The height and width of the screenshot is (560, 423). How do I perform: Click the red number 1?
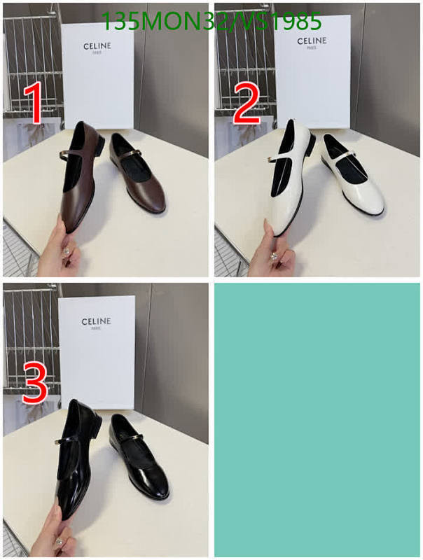[x=32, y=103]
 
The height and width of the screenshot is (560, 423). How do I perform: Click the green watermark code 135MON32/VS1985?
[x=211, y=22]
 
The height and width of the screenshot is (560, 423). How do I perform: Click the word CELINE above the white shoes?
[x=312, y=41]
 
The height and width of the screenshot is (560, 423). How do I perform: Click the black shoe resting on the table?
[x=140, y=458]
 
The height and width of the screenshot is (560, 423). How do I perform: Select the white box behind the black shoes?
[x=97, y=350]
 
